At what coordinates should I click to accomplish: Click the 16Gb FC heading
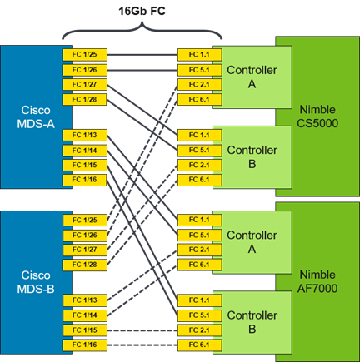[x=142, y=12]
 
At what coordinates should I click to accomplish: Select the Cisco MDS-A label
[x=36, y=117]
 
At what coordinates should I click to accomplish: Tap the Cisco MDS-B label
[x=36, y=282]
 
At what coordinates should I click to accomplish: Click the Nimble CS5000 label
[x=317, y=117]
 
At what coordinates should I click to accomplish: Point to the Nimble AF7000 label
[x=317, y=281]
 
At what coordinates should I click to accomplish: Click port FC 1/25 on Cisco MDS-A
[x=85, y=55]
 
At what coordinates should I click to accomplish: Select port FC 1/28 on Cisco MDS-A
[x=85, y=100]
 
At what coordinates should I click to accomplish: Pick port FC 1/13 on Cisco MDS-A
[x=85, y=136]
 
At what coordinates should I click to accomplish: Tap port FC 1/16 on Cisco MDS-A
[x=85, y=180]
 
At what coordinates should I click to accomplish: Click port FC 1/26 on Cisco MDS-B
[x=85, y=236]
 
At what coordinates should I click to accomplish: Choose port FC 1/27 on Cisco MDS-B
[x=85, y=250]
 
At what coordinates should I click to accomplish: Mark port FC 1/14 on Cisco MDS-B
[x=85, y=315]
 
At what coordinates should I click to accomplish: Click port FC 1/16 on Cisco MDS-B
[x=85, y=345]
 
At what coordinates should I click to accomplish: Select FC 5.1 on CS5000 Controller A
[x=200, y=70]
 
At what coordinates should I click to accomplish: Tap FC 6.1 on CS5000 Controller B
[x=200, y=180]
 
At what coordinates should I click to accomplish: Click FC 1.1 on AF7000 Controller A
[x=200, y=220]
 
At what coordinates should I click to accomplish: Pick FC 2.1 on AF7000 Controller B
[x=200, y=330]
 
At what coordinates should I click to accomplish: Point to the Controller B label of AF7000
[x=252, y=322]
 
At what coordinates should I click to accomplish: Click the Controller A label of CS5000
[x=252, y=77]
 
